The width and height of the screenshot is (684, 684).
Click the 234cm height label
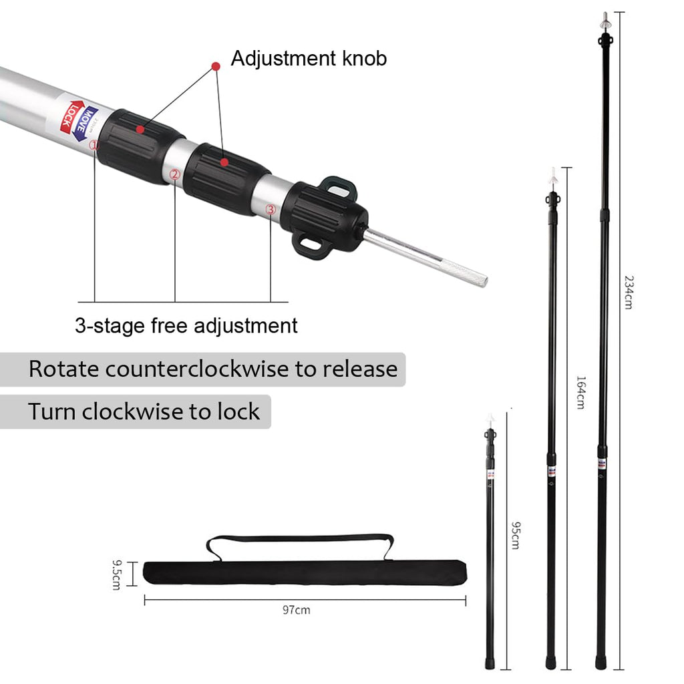click(627, 291)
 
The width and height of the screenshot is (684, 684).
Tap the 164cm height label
click(580, 392)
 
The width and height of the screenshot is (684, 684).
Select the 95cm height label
click(515, 535)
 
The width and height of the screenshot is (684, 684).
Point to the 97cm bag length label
click(297, 609)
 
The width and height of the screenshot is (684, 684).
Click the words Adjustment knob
click(309, 59)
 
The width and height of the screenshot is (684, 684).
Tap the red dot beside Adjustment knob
click(216, 65)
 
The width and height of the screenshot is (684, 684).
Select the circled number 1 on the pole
click(94, 144)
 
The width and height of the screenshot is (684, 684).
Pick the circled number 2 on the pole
click(175, 174)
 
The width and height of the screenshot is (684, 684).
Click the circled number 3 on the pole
click(271, 209)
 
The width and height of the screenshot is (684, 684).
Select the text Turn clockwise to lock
click(144, 411)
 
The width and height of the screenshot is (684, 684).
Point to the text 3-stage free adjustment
click(186, 326)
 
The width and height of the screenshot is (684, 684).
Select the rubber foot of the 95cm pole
click(490, 664)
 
